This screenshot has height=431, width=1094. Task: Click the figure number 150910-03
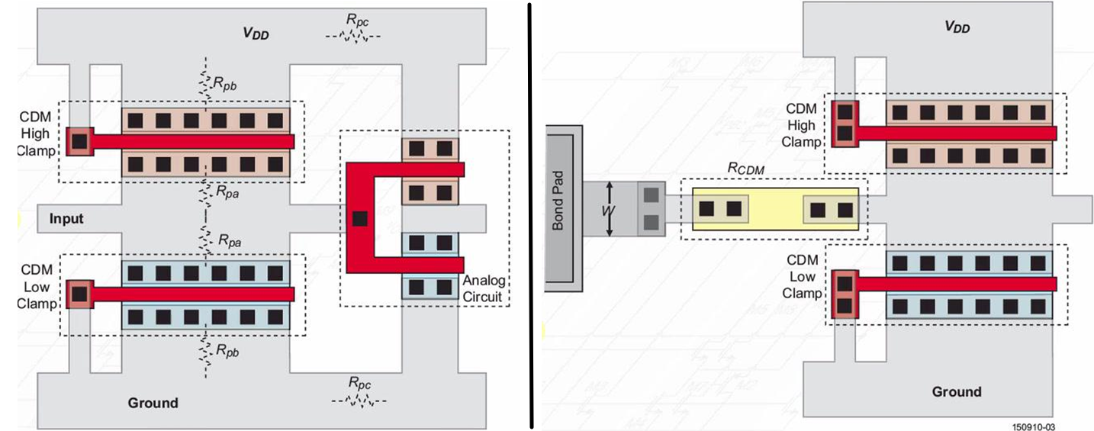click(1034, 426)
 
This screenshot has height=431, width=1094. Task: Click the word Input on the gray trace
click(66, 219)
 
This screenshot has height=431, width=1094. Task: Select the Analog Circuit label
click(484, 289)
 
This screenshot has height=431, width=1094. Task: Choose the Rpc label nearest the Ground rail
click(359, 384)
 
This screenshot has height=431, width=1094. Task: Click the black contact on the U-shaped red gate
click(360, 219)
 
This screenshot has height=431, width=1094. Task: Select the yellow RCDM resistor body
click(775, 208)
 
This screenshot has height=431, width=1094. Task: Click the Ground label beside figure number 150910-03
click(956, 391)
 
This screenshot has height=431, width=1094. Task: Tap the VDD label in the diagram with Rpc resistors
click(256, 34)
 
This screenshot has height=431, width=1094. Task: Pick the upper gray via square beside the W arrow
click(651, 195)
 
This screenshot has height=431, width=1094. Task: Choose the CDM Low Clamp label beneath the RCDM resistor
click(805, 277)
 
